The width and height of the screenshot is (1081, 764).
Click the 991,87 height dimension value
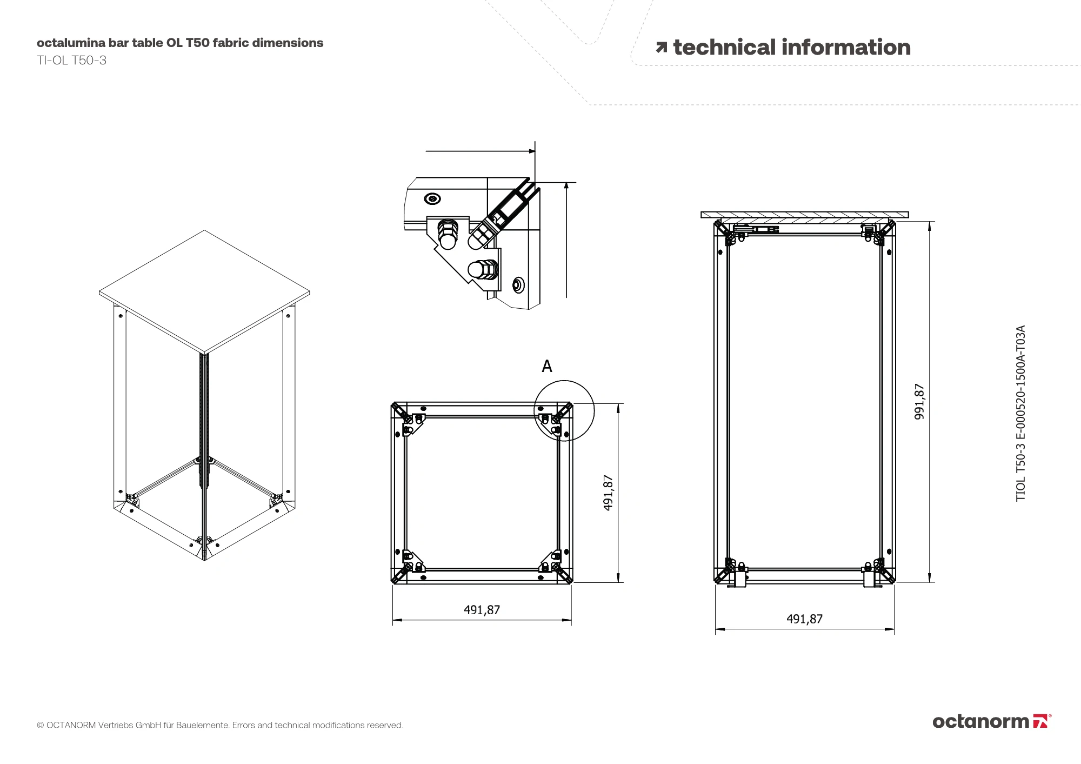coord(919,401)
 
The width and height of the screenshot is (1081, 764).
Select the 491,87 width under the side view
coord(804,619)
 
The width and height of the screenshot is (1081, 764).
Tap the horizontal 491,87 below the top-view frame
coord(482,610)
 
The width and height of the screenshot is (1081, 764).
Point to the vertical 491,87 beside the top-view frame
coord(608,493)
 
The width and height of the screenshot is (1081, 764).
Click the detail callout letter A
coord(547,367)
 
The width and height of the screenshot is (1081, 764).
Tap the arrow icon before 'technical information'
coord(661,48)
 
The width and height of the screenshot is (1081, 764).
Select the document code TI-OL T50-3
coord(71,61)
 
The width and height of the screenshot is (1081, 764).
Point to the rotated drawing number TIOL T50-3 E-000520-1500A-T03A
coord(1020,413)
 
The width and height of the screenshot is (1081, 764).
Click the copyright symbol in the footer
coord(40,725)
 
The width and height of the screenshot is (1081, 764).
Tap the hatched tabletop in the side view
coord(804,215)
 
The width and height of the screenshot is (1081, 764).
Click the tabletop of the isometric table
coord(204,291)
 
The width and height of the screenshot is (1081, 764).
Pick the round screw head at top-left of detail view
coord(432,199)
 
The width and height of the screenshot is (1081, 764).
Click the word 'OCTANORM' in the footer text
coord(71,725)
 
